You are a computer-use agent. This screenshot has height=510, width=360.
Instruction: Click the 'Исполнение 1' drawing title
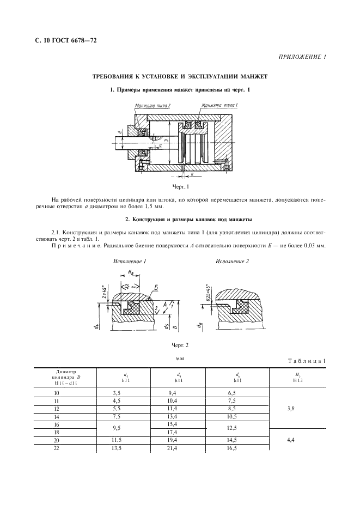pyautogui.click(x=129, y=262)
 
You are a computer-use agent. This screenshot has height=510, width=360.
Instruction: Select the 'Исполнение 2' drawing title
pyautogui.click(x=232, y=262)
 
